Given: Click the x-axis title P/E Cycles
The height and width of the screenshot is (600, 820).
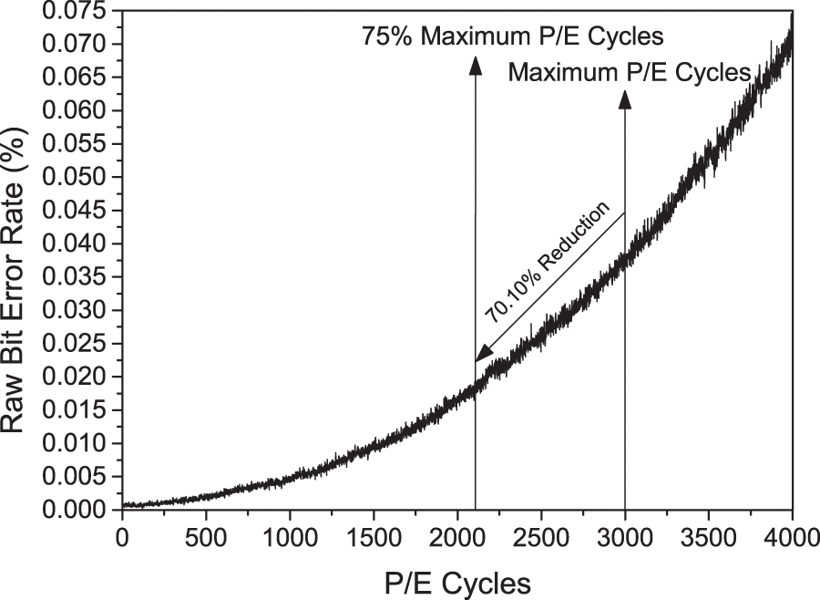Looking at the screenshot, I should click(457, 581).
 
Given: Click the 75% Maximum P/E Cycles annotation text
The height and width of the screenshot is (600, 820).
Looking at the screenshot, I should click(511, 37).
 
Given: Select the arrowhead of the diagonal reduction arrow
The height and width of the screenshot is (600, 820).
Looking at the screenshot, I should click(481, 355).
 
